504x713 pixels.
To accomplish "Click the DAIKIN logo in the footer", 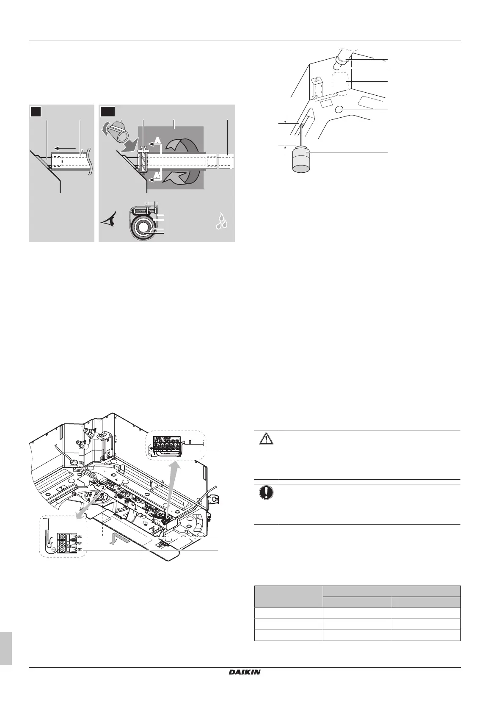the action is [x=245, y=672].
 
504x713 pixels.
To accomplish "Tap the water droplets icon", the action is [x=223, y=221].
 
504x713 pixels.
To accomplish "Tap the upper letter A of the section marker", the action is [x=157, y=140].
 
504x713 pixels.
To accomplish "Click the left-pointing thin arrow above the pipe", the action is [x=68, y=149].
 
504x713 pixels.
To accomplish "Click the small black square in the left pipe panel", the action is [x=36, y=111].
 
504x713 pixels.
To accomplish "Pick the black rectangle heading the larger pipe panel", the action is [x=107, y=111].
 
